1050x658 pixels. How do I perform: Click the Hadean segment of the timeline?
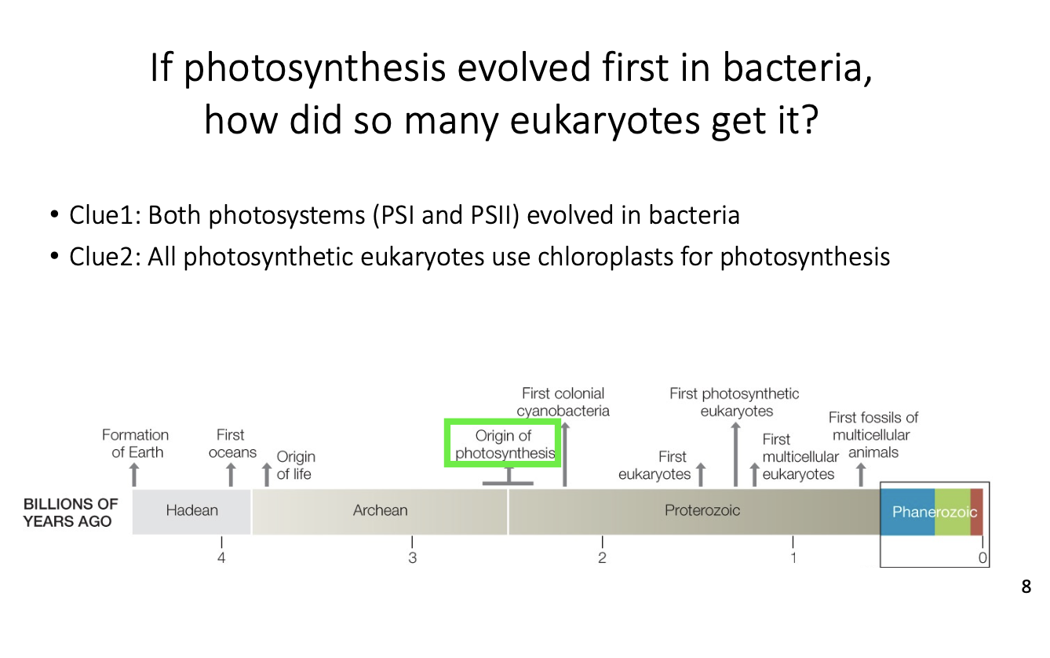(191, 511)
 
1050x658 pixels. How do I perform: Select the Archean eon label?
(380, 510)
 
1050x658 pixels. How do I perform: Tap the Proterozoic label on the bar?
(702, 510)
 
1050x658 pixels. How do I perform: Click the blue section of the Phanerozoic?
(907, 512)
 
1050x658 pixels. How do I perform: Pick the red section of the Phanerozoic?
(976, 512)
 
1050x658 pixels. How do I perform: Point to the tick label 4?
(221, 557)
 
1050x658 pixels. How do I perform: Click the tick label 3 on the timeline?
(412, 557)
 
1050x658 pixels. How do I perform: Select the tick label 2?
(603, 557)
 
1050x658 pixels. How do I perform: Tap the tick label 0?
(983, 557)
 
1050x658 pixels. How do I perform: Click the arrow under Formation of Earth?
(134, 474)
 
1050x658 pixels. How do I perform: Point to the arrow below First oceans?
(231, 474)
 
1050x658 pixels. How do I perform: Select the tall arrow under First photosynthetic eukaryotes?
(735, 455)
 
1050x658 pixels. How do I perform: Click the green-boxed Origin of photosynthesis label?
(505, 444)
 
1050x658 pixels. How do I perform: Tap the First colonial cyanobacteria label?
(563, 402)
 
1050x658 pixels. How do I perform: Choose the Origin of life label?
(295, 466)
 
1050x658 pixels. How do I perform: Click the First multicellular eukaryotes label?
(800, 457)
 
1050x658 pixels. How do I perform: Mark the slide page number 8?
(1026, 587)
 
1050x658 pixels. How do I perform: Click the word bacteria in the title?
(797, 68)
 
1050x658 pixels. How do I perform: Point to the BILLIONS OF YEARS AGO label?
(71, 513)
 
